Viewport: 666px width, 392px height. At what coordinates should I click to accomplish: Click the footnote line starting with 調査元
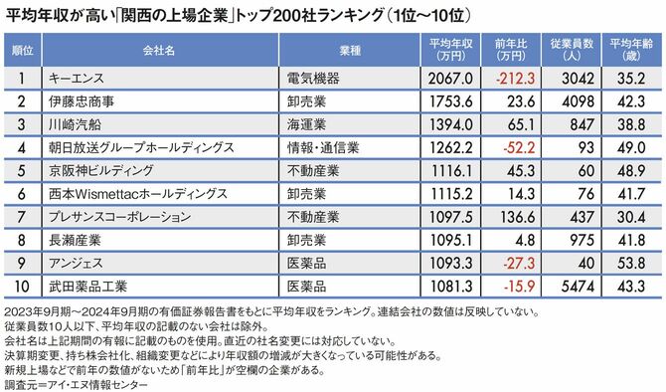(x=89, y=382)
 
